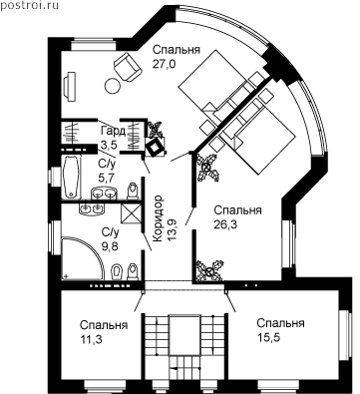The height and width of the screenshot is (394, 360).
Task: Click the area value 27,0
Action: click(164, 64)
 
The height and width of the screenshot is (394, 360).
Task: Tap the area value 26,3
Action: click(225, 224)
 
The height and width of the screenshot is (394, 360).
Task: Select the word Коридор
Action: click(159, 218)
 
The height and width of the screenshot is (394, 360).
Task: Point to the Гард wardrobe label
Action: click(113, 131)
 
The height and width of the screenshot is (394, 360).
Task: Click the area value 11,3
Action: click(91, 339)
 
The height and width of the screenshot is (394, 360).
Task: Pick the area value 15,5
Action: click(268, 337)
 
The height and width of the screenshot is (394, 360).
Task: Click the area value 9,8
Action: click(110, 246)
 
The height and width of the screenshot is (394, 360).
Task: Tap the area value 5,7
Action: click(107, 178)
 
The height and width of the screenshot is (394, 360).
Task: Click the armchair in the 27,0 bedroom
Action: click(128, 67)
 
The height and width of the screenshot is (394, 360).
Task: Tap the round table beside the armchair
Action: click(113, 87)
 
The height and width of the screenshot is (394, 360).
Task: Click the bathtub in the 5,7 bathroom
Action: click(72, 177)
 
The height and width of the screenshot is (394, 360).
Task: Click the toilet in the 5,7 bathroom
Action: click(133, 191)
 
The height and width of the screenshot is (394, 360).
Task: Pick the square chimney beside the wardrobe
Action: click(155, 147)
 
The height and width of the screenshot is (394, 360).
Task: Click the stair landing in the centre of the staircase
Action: click(184, 335)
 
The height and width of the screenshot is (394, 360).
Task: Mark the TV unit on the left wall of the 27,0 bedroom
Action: click(71, 86)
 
